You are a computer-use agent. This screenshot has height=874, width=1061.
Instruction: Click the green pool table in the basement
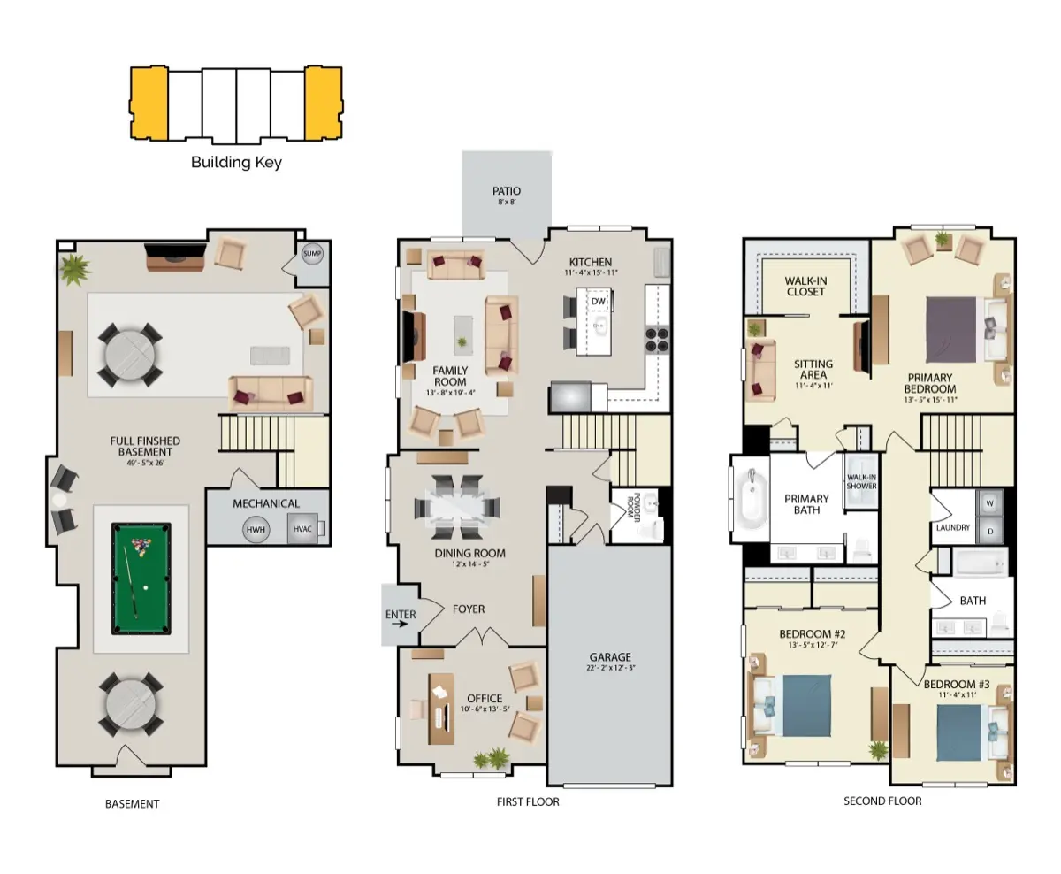tap(141, 579)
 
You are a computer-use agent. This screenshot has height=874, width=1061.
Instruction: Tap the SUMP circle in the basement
tap(312, 253)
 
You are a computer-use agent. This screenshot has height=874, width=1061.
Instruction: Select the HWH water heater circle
tap(256, 530)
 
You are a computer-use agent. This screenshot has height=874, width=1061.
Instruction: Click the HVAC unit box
tap(302, 529)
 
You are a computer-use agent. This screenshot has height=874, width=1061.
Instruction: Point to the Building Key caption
tap(236, 162)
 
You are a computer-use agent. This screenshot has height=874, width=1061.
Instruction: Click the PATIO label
tap(507, 191)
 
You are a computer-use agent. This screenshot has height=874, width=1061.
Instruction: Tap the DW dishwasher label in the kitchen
tap(599, 301)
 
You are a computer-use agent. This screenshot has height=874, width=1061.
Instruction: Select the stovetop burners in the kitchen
tap(657, 339)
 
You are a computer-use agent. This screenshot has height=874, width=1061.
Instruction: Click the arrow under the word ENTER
tap(400, 625)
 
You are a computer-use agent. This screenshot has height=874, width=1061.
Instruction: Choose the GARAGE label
tap(610, 657)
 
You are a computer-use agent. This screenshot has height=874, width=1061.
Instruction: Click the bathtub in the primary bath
tap(752, 498)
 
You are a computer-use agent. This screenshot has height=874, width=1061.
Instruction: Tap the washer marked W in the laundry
tap(989, 503)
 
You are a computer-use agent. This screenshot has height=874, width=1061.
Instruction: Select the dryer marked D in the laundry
tap(989, 531)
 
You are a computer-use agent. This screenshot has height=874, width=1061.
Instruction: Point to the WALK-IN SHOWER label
tap(862, 481)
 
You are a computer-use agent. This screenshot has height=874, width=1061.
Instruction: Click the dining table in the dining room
tap(457, 507)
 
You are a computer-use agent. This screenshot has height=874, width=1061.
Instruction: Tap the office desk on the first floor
tap(441, 709)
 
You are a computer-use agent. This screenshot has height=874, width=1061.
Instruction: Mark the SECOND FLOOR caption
tap(882, 801)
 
